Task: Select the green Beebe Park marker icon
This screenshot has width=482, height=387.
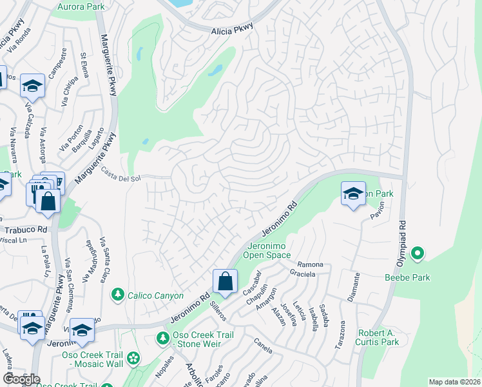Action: (x=417, y=254)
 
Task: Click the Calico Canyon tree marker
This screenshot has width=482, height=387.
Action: (x=118, y=295)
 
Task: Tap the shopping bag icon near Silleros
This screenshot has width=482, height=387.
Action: (x=225, y=281)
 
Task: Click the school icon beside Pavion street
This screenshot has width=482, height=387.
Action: (x=352, y=193)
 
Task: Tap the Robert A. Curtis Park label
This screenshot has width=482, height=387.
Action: (x=378, y=337)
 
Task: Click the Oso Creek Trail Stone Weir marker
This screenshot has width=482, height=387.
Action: (x=163, y=337)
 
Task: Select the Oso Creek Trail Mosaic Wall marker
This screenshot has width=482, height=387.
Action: (x=133, y=358)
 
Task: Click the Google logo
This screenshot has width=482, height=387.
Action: (x=21, y=379)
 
